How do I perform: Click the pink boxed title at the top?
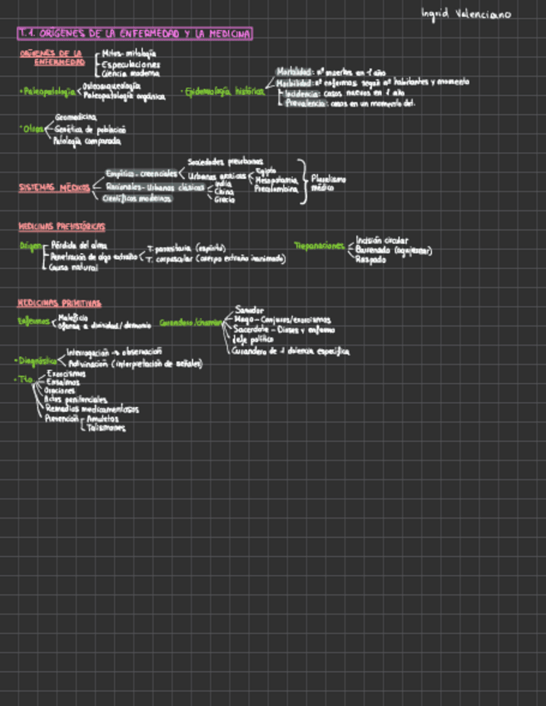click(135, 33)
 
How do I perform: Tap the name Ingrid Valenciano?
click(466, 14)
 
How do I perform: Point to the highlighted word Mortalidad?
click(295, 72)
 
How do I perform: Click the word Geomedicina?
click(76, 117)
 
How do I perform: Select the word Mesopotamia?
click(276, 180)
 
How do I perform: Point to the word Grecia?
click(225, 200)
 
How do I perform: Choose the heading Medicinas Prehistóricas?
click(62, 226)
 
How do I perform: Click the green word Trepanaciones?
click(320, 246)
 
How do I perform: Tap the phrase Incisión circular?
click(382, 241)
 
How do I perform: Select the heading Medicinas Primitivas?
click(59, 303)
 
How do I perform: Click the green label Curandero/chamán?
click(191, 322)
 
